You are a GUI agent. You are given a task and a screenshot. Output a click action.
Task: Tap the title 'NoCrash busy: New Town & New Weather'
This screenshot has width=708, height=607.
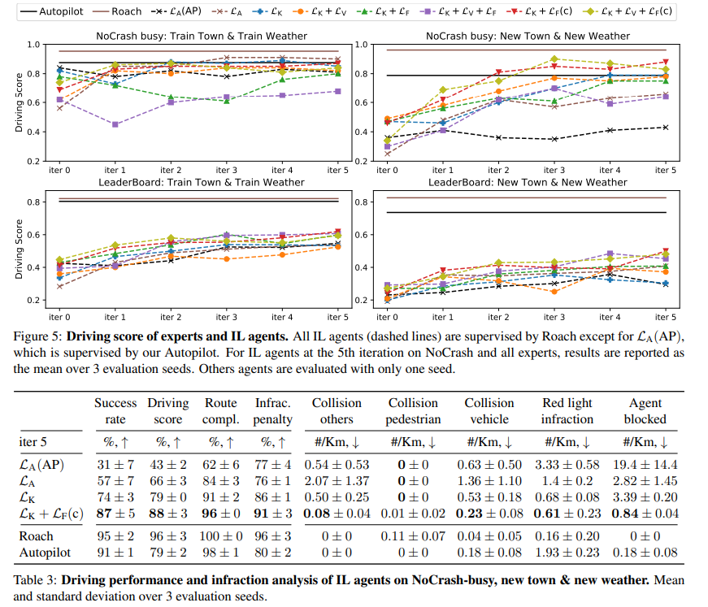(x=527, y=36)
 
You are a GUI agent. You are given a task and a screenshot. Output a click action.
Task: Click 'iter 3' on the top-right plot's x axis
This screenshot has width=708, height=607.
(x=554, y=170)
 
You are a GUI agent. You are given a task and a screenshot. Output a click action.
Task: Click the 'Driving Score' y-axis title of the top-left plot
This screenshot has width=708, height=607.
(x=19, y=102)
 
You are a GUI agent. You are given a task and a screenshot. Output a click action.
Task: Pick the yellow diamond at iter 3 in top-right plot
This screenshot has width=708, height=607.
(x=554, y=59)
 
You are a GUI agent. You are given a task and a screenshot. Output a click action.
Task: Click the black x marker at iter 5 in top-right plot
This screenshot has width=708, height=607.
(x=667, y=127)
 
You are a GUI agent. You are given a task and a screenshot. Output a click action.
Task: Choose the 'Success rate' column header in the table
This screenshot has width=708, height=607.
(x=115, y=410)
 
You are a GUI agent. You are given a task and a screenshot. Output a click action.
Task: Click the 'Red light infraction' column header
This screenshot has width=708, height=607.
(x=567, y=410)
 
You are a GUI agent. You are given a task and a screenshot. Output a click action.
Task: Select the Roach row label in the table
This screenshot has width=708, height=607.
(x=36, y=536)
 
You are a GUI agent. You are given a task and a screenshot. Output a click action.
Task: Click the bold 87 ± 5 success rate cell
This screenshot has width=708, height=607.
(x=115, y=513)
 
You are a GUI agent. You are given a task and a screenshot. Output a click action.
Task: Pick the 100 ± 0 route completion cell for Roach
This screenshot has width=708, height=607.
(x=221, y=536)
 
